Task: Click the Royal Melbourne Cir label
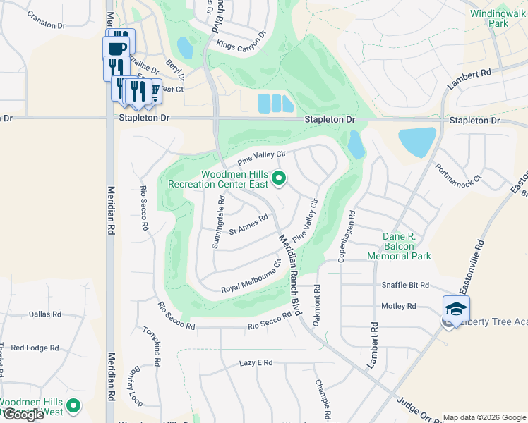pyautogui.click(x=251, y=279)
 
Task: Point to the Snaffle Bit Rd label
pyautogui.click(x=405, y=285)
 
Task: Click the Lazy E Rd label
pyautogui.click(x=256, y=362)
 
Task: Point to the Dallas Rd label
pyautogui.click(x=45, y=314)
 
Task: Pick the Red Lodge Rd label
pyautogui.click(x=35, y=348)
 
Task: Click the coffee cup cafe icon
pyautogui.click(x=116, y=49)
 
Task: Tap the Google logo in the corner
pyautogui.click(x=23, y=415)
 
